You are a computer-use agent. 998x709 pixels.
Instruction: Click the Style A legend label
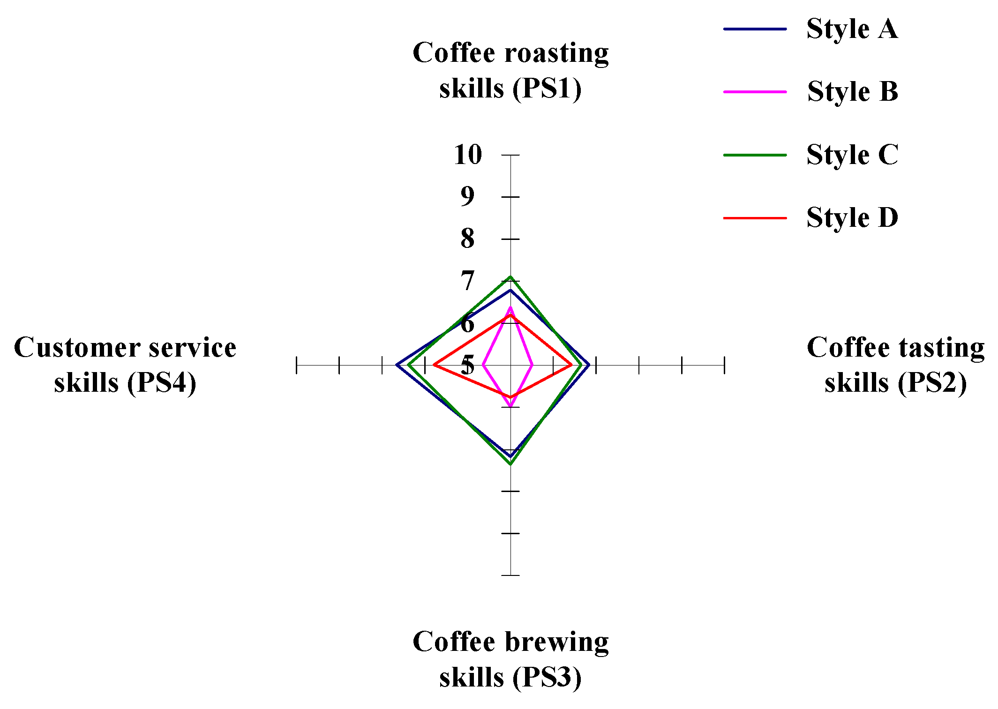852,29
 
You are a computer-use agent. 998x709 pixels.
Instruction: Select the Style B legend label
852,92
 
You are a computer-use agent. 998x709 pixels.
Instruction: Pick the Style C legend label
852,155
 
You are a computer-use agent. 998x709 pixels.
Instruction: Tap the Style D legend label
852,218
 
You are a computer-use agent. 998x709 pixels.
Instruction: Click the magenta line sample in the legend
755,92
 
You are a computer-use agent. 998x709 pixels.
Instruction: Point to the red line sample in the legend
755,218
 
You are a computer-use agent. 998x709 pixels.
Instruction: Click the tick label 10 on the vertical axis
468,155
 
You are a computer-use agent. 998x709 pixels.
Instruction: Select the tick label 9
467,196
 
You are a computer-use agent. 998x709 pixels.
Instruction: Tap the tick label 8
467,239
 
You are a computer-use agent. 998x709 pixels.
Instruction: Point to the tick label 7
467,281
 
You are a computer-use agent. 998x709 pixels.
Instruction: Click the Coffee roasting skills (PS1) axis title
510,70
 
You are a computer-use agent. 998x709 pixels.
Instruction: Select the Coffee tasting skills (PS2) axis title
895,365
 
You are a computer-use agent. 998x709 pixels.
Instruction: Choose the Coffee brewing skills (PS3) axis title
510,659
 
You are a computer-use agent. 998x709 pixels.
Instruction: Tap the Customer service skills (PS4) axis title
125,365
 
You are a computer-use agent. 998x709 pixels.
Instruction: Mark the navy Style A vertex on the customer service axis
397,365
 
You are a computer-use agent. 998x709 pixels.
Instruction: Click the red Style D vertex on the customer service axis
434,365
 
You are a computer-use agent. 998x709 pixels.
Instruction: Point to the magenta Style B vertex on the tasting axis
532,365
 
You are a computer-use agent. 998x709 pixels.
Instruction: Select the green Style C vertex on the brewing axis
510,464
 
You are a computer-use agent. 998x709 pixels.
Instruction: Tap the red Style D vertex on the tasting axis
571,365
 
